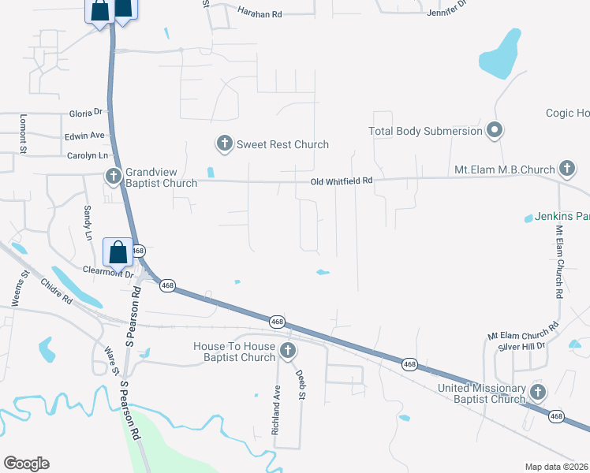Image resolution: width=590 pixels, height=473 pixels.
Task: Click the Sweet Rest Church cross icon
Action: click(224, 143)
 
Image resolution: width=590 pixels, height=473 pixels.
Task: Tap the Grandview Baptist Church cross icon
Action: click(114, 176)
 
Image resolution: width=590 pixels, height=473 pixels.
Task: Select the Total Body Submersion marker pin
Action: click(495, 130)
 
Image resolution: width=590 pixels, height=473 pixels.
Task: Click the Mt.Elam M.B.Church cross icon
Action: click(566, 169)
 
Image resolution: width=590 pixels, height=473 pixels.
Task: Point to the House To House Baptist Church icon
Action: click(288, 351)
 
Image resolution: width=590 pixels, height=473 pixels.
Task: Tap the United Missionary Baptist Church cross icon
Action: click(538, 392)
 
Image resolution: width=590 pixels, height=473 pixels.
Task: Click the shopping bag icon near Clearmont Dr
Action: click(118, 253)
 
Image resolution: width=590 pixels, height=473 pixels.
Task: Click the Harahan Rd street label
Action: click(259, 14)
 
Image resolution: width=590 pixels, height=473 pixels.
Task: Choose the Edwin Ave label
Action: click(85, 135)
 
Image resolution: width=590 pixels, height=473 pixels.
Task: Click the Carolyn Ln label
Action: click(86, 156)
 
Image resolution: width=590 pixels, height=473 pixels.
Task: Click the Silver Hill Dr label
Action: click(517, 346)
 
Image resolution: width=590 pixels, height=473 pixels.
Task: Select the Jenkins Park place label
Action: click(562, 216)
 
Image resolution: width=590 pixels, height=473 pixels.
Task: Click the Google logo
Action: click(26, 464)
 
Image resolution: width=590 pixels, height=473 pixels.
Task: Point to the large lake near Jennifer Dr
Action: click(499, 55)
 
